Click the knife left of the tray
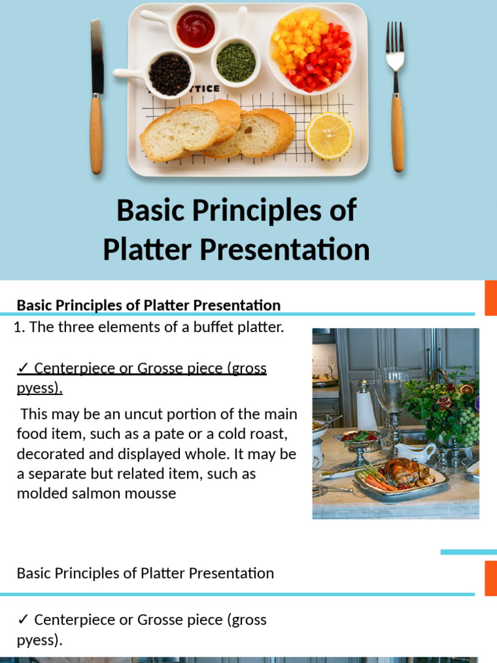click(96, 97)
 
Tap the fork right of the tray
click(395, 97)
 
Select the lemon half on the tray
click(329, 135)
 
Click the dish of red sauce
click(195, 28)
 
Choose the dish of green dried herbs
click(236, 62)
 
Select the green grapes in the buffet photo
click(467, 428)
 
